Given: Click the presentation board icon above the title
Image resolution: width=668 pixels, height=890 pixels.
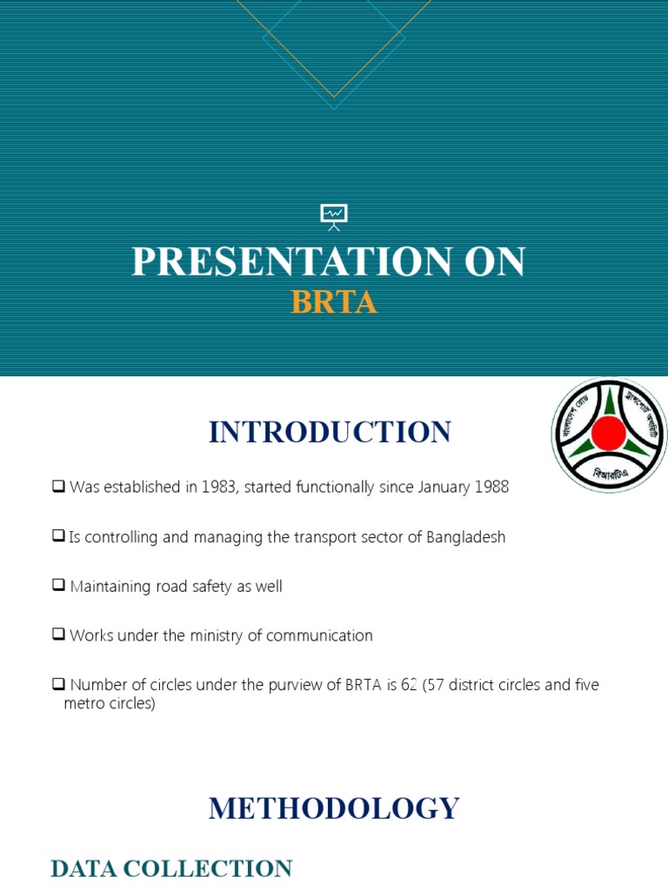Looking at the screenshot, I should click(334, 216).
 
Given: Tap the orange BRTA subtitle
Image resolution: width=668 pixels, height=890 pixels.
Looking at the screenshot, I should click(334, 302).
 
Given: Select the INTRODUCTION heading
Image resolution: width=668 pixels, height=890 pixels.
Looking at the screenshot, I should click(330, 432).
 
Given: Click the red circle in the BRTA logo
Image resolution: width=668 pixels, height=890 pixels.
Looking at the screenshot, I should click(608, 433).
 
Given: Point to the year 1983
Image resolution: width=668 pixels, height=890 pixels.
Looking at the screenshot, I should click(218, 488).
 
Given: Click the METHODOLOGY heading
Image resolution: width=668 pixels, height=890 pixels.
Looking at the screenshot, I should click(334, 808).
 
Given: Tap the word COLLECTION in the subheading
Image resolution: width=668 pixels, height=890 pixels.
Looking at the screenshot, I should click(221, 868).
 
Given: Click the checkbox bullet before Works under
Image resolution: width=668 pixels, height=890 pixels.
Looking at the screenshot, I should click(58, 635).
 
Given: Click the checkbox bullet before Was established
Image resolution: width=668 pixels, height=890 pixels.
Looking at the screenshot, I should click(58, 487).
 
